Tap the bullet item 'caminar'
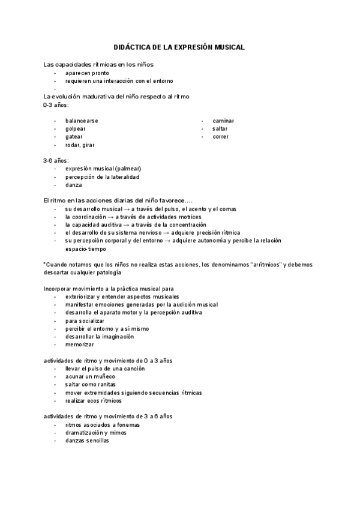coord(223,121)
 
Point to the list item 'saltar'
coord(220,128)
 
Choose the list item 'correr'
coord(220,137)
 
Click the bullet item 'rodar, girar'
coord(80,145)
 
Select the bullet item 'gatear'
coord(74,137)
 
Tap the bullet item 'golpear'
coord(76,128)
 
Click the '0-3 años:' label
coord(56,105)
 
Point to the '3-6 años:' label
coord(56,161)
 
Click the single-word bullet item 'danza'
coord(73,185)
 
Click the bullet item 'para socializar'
coord(85,321)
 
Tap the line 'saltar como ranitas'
coord(91,384)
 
